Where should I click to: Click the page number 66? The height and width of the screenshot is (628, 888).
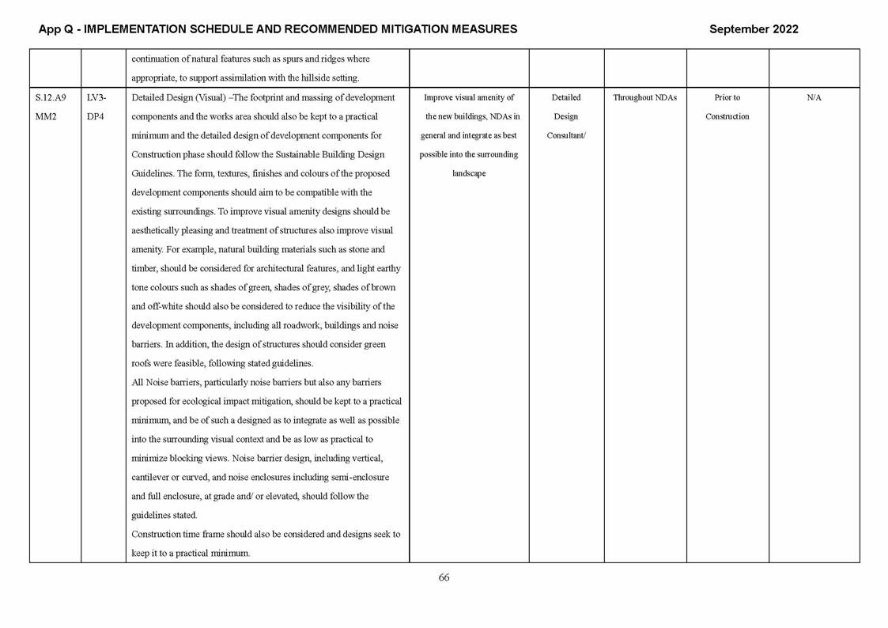click(x=444, y=578)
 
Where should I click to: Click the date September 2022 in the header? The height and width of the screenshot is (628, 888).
click(x=753, y=29)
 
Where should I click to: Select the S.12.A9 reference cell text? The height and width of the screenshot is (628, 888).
click(x=51, y=98)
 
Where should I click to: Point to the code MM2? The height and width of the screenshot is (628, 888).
click(x=47, y=117)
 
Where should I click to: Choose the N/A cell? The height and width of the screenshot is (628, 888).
click(x=814, y=98)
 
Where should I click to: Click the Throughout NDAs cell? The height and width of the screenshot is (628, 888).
click(x=644, y=98)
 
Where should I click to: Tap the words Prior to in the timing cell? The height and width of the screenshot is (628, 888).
click(x=727, y=98)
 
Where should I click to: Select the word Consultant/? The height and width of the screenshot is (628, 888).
click(x=566, y=136)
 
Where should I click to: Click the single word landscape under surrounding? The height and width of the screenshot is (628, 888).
click(x=469, y=174)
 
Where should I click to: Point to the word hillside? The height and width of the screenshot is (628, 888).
click(x=308, y=78)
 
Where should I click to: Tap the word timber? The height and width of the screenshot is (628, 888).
click(x=144, y=269)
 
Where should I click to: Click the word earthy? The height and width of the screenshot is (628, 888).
click(x=387, y=269)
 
